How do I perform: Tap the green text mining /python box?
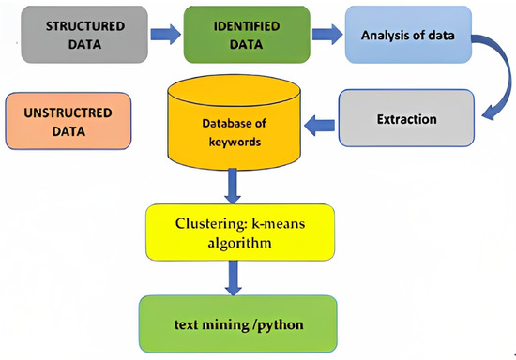point(237,324)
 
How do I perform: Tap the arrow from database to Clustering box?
point(233,192)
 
